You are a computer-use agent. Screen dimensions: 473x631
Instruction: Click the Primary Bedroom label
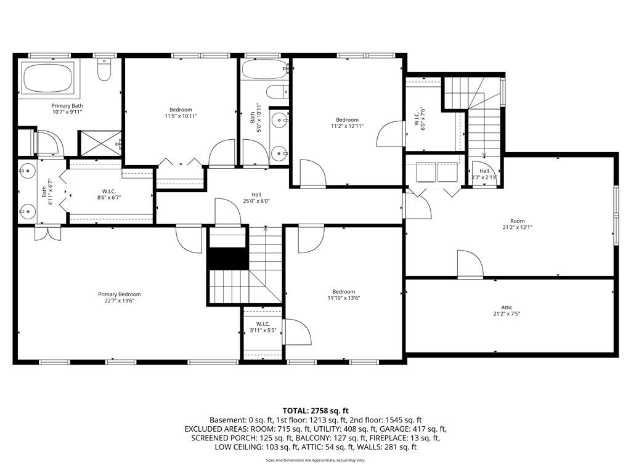tap(120, 298)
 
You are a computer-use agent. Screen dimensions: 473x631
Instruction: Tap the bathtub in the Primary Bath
tap(48, 79)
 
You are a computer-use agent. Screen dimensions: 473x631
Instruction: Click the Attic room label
tap(507, 311)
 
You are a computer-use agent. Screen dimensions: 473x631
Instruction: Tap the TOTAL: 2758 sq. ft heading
tap(315, 410)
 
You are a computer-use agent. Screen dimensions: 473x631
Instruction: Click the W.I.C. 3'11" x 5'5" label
tap(263, 328)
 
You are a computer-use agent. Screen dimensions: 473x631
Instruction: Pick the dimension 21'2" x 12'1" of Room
tap(517, 227)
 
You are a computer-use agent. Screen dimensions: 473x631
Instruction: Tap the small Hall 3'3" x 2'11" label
tap(484, 174)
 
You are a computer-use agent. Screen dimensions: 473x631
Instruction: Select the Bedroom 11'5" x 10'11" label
tap(181, 113)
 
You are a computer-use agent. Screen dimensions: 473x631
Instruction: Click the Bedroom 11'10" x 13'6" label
tap(343, 295)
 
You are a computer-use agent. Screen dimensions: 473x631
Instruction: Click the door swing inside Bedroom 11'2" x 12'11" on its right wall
tap(389, 134)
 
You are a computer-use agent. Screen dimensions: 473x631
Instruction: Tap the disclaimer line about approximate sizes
tap(315, 460)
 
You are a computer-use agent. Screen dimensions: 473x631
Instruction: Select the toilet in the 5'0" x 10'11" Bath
tap(279, 92)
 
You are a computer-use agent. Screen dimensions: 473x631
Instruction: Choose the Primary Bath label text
tap(67, 109)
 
